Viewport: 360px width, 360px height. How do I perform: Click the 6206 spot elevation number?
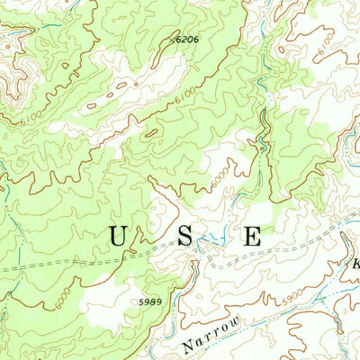(x=186, y=40)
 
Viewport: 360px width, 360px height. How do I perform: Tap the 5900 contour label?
(x=290, y=291)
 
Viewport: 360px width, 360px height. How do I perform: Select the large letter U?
(x=118, y=237)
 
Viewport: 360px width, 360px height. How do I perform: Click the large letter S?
(x=184, y=237)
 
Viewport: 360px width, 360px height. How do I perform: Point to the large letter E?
(x=252, y=237)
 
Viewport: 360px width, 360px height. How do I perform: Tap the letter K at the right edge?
(x=355, y=265)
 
